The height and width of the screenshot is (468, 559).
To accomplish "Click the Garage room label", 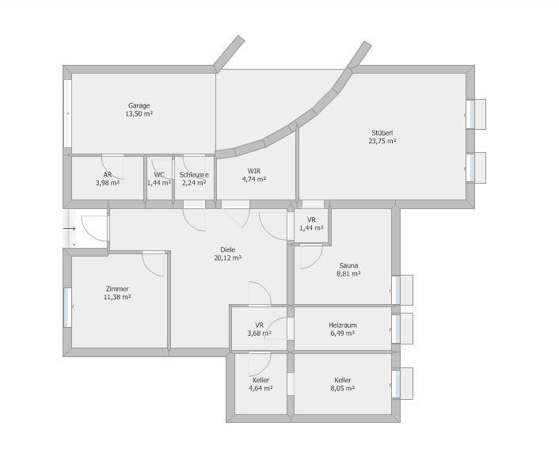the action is (139, 105).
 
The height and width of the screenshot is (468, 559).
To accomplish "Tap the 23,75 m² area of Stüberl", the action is (382, 141).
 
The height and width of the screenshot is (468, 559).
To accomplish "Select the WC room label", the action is (159, 175).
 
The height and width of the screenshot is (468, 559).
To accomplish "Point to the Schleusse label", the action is (194, 175).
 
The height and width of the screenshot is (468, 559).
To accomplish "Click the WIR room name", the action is (254, 171).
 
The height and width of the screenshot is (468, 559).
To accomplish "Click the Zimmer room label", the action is (117, 289).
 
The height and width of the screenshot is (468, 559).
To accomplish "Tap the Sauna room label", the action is (348, 265).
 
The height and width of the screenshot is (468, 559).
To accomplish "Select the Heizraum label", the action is (343, 325).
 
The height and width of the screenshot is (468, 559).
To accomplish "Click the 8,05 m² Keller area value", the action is (343, 389).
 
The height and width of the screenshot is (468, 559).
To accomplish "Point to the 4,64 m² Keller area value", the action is (260, 389).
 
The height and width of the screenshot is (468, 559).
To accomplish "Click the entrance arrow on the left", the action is (70, 229).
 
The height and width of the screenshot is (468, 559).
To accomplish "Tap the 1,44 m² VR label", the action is (311, 224).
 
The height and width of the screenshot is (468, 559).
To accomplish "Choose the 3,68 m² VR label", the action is (259, 329).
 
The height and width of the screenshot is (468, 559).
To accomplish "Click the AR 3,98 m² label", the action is (108, 179).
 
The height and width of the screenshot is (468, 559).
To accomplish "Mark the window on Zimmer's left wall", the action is (67, 307).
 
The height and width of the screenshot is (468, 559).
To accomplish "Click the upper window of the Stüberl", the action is (470, 114).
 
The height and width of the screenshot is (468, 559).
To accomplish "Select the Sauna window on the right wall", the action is (396, 290).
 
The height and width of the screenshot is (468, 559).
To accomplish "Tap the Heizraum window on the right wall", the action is (396, 329).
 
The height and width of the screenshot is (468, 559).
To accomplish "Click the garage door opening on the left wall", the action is (67, 113).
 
